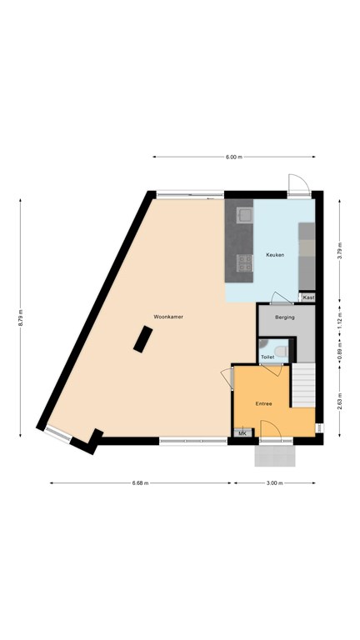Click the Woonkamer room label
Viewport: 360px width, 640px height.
(168, 317)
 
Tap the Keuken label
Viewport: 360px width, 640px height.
(275, 255)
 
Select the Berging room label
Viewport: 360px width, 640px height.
(284, 317)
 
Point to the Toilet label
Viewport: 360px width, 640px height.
(267, 357)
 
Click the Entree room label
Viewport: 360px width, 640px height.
(263, 403)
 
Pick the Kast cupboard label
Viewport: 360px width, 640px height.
(308, 298)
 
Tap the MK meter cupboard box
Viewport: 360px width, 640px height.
(242, 433)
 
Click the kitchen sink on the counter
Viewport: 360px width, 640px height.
(245, 215)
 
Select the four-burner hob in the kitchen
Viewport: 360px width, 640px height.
(245, 262)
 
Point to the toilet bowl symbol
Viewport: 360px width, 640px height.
(281, 351)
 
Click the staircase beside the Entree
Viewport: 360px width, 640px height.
(303, 385)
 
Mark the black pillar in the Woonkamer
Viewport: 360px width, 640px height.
(142, 339)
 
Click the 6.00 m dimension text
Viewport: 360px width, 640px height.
(234, 157)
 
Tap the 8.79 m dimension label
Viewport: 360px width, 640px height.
(20, 317)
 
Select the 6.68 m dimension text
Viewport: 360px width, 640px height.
(140, 482)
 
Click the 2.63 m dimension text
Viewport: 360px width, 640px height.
(340, 402)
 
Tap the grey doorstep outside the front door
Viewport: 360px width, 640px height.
(275, 456)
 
